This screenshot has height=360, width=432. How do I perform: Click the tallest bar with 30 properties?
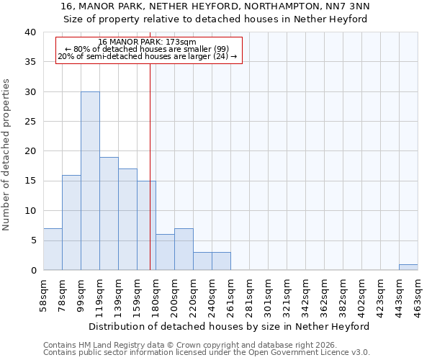click(x=90, y=181)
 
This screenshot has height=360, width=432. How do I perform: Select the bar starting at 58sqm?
click(x=53, y=249)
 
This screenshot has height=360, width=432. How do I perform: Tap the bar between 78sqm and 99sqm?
click(x=71, y=222)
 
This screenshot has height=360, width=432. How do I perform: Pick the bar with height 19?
click(x=109, y=214)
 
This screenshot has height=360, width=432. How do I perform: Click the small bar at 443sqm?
click(x=408, y=267)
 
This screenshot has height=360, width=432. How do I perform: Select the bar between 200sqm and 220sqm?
click(x=184, y=249)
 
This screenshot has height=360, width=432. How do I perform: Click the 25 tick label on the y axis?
click(x=30, y=122)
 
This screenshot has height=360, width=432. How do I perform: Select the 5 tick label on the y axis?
click(x=32, y=240)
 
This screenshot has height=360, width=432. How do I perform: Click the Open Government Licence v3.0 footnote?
click(x=207, y=353)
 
